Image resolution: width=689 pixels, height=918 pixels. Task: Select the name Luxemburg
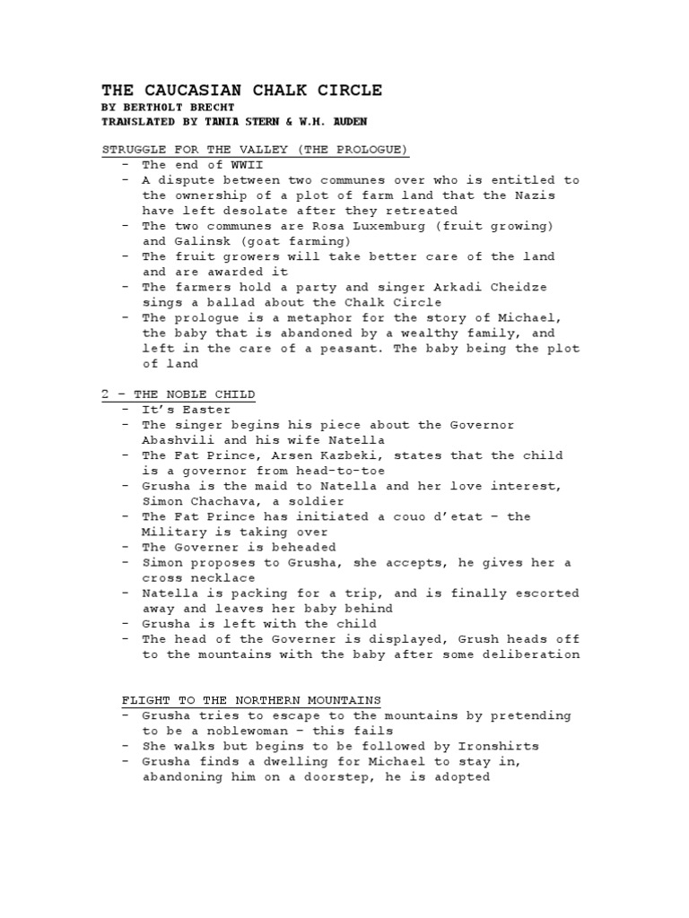point(359,226)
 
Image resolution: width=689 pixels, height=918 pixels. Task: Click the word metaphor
point(296,317)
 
